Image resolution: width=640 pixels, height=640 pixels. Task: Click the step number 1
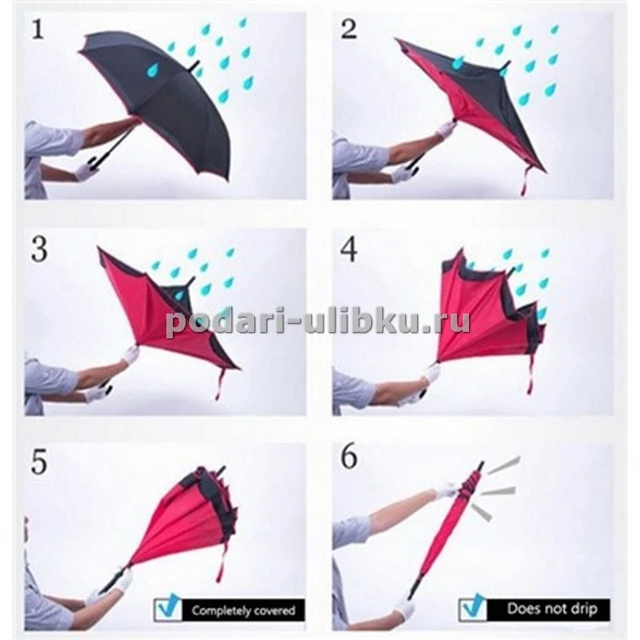coord(37,30)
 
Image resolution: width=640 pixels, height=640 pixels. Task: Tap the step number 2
coord(348,29)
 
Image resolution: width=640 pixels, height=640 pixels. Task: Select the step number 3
coord(39,250)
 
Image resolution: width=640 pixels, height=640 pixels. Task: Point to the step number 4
coord(348,249)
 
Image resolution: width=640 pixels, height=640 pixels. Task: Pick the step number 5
coord(39,463)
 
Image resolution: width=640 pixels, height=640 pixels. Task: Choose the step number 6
coord(348,458)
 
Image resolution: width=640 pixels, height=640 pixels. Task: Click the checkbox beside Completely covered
coord(168,609)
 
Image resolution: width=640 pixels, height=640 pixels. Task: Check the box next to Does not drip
coord(474,609)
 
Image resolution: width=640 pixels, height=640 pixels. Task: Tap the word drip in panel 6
coord(587,610)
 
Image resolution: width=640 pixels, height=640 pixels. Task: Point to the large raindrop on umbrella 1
coord(153,69)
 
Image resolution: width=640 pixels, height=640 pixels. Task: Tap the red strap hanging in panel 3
coord(220,383)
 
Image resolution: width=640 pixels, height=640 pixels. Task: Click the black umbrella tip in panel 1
coord(195,65)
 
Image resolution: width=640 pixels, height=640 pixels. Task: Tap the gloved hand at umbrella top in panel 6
coord(448,489)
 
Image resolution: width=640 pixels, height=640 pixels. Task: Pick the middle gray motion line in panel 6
coord(498,490)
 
